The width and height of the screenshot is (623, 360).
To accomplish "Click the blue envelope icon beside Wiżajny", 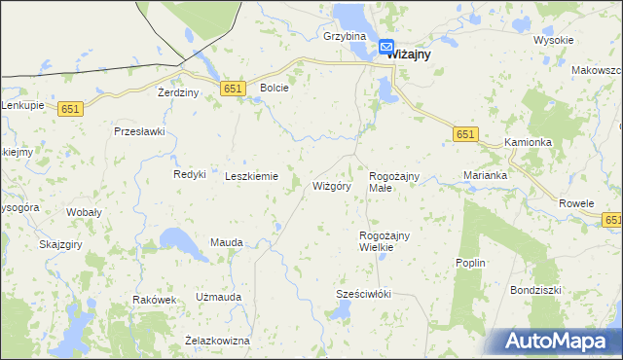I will [386, 46].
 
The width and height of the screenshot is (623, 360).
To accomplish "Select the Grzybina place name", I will [344, 36].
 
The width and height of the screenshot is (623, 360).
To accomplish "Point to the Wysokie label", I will [554, 40].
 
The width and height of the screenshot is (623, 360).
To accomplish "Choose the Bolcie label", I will [275, 88].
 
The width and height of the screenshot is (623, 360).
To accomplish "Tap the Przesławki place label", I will [140, 131].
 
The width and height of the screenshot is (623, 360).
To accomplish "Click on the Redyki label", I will [189, 174].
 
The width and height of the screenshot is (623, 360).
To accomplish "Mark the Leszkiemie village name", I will [252, 176].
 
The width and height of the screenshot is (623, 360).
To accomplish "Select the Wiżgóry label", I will [331, 185].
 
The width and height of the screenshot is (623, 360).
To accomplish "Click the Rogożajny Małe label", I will [393, 181].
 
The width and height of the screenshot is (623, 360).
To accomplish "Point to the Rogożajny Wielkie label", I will [384, 241].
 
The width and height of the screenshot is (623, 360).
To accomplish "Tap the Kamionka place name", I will [529, 142].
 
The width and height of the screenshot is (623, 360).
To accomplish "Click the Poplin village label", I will [470, 263].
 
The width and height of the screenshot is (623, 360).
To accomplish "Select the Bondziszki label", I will [536, 290].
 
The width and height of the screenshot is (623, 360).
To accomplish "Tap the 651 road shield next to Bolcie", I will [232, 89].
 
